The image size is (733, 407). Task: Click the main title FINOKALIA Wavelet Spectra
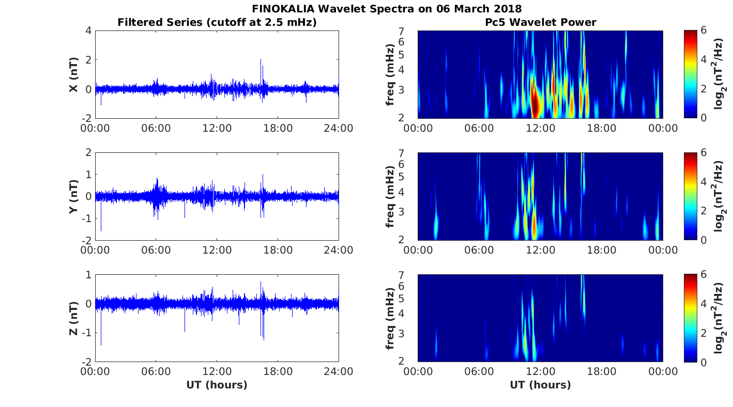coord(387,9)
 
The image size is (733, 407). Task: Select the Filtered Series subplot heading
coord(217,22)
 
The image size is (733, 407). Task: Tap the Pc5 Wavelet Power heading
coord(540,22)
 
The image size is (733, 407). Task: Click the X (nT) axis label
coord(74,75)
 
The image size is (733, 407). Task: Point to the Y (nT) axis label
coord(74,197)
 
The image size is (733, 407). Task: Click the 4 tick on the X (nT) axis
coord(88,31)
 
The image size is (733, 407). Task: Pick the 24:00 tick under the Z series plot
coord(339,371)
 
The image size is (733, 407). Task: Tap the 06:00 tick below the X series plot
coord(156,128)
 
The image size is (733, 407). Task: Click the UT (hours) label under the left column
coord(217,385)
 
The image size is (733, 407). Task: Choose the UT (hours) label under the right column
coord(540,385)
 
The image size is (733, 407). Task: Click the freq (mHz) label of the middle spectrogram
coord(391,197)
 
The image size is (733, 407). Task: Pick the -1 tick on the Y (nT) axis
coord(86,218)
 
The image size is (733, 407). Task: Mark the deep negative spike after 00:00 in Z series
coord(101,343)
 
